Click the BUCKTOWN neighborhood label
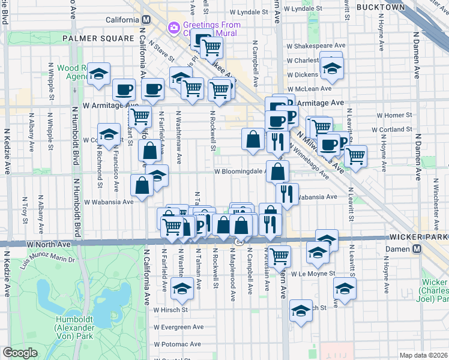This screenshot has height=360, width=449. coord(381,7)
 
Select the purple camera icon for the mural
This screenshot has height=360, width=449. coord(174,27)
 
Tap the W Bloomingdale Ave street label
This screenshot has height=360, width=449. coord(240,172)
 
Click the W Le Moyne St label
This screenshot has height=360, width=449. coord(312,274)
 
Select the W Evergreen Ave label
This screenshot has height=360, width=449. coord(178,328)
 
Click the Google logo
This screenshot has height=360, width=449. coord(20,353)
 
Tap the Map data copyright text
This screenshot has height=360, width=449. coord(423,355)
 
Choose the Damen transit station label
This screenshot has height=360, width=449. coord(427,249)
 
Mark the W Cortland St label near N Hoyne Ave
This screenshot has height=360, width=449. coord(393,130)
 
